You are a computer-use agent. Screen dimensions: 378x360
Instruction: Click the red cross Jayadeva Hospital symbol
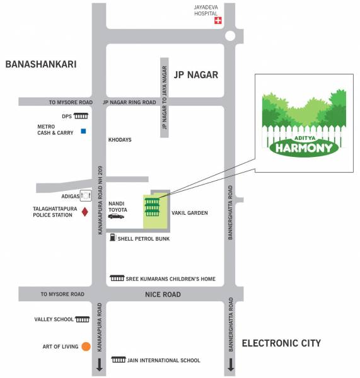click(219, 21)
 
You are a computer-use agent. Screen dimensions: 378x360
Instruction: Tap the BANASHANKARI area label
click(41, 64)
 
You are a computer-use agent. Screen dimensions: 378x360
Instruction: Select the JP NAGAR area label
click(195, 75)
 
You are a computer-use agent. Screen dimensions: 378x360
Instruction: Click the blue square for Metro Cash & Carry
click(82, 132)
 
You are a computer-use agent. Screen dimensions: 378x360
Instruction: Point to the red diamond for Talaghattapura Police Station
click(84, 212)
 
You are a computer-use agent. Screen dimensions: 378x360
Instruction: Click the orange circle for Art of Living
click(86, 346)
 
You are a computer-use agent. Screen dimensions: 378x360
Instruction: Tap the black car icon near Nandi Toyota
click(116, 216)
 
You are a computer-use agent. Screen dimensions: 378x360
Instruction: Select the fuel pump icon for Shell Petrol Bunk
click(112, 238)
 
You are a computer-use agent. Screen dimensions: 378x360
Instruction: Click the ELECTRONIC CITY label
click(281, 343)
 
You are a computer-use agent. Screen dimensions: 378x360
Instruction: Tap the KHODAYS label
click(120, 140)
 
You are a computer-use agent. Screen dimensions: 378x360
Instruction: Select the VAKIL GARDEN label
click(189, 213)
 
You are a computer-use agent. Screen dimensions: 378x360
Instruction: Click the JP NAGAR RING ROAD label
click(129, 102)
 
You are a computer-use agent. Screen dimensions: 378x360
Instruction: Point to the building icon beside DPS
click(81, 116)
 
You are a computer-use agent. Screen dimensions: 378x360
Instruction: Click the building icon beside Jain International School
click(119, 360)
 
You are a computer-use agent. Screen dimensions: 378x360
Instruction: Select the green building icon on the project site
click(152, 205)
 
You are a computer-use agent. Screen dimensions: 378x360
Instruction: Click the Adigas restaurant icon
click(84, 197)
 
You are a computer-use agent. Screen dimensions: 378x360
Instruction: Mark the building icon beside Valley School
click(82, 319)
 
